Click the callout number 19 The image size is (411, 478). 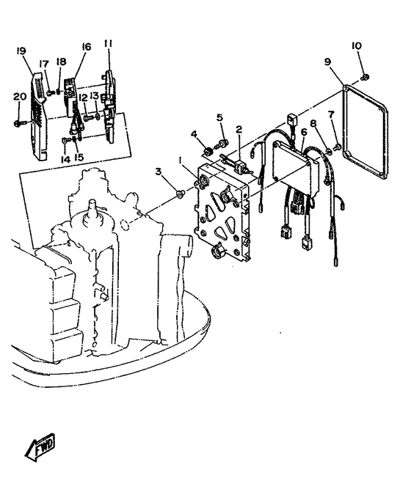pos(21,51)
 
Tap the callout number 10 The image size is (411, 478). pos(357,46)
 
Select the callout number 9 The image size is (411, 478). pos(327,62)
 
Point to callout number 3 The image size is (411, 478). pos(158,172)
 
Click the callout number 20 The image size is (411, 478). pos(20,97)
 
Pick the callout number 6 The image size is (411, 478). pos(304,132)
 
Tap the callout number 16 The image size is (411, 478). pos(87,47)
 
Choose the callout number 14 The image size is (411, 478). pos(65,159)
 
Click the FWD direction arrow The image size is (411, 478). pos(40,446)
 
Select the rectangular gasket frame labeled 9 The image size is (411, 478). pos(365,133)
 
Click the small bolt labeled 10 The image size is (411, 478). pos(365,77)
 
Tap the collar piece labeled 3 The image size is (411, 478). pos(181,194)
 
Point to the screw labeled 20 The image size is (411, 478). pos(18,123)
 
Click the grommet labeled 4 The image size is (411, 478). pos(208,151)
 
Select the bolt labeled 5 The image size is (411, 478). pos(222,143)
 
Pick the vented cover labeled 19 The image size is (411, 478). pos(38,116)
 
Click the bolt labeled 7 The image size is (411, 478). pos(338,147)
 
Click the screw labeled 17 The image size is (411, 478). pos(51,92)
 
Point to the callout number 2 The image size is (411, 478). pos(239,129)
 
